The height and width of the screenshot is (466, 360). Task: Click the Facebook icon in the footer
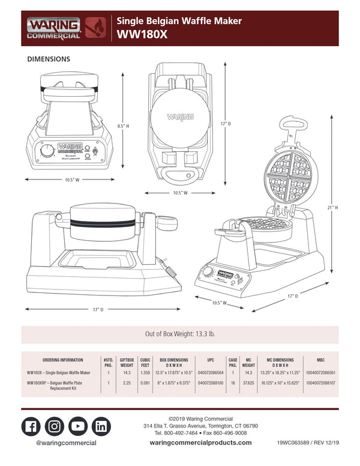click(31, 426)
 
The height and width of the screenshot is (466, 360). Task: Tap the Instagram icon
click(55, 426)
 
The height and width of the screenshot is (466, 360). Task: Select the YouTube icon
click(78, 426)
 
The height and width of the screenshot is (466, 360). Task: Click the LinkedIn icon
click(101, 426)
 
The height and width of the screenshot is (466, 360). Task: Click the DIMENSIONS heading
click(49, 59)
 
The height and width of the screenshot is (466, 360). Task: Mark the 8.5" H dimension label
click(124, 126)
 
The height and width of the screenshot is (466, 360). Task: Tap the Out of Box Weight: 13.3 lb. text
click(180, 334)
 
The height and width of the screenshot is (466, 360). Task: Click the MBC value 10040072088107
click(320, 382)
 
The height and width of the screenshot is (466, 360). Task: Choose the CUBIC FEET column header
click(145, 362)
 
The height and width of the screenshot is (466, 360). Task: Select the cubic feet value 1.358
click(145, 373)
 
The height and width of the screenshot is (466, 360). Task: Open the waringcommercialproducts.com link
click(200, 443)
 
